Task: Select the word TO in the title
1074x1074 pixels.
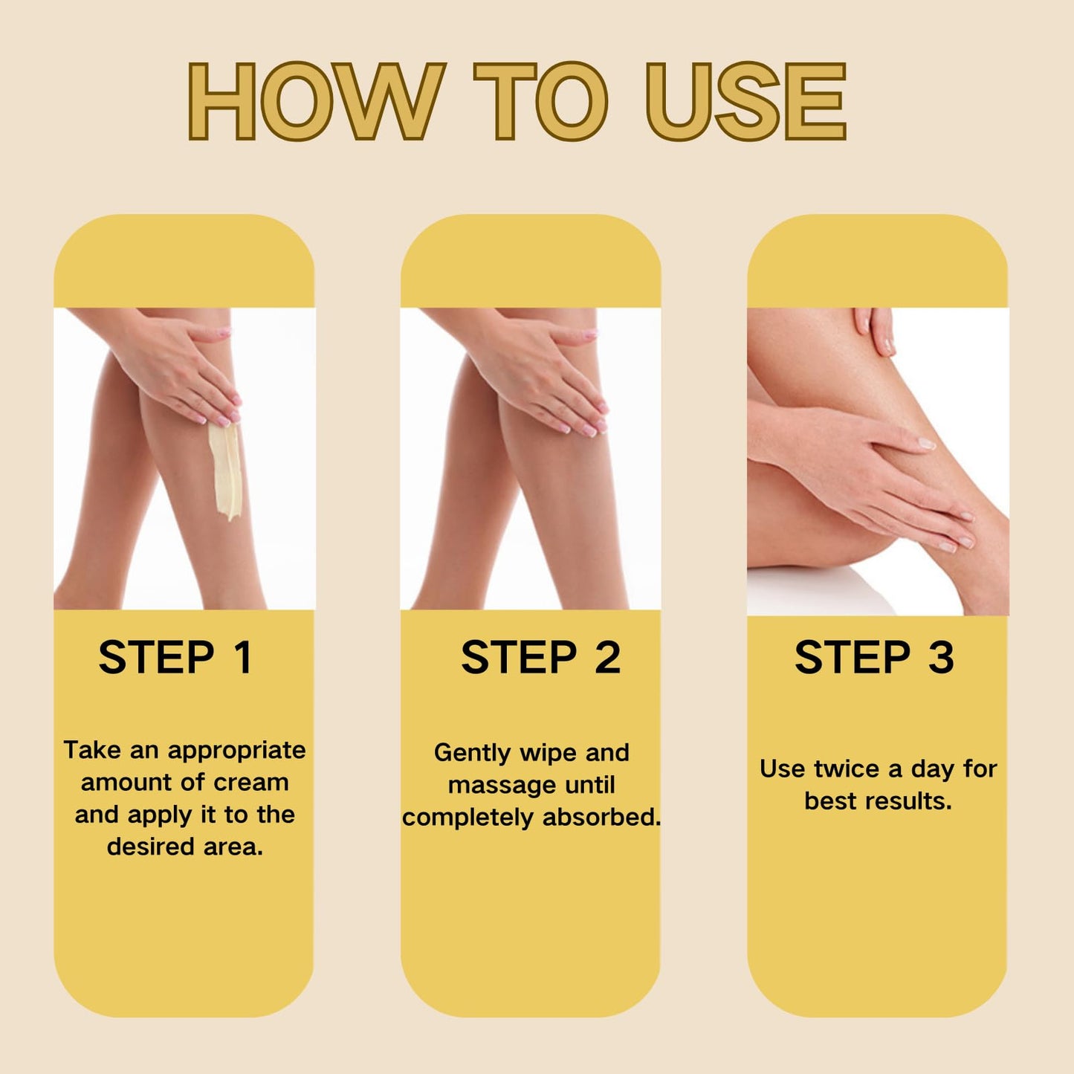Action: tap(541, 102)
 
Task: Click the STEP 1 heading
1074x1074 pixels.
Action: tap(175, 658)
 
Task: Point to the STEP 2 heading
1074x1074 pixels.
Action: tap(540, 658)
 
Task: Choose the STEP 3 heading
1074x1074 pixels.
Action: tap(874, 658)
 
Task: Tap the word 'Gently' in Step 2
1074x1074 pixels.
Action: tap(472, 753)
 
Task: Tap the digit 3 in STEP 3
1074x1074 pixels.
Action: tap(941, 658)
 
